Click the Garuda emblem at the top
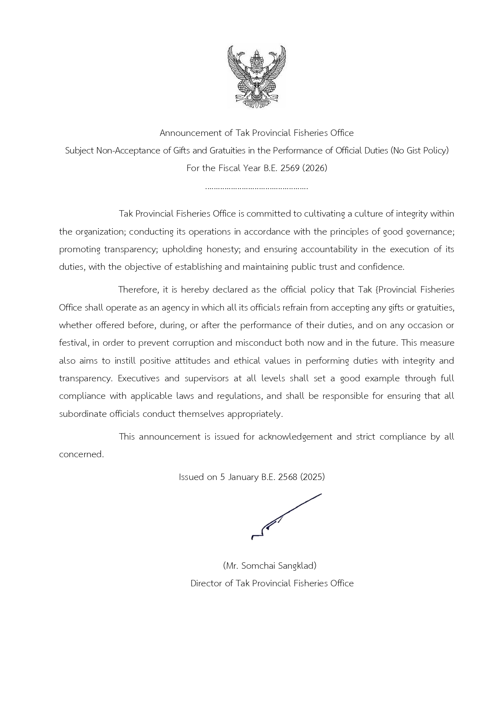point(257,76)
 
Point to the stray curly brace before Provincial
point(376,290)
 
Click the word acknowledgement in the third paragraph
point(295,437)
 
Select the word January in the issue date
point(243,477)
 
